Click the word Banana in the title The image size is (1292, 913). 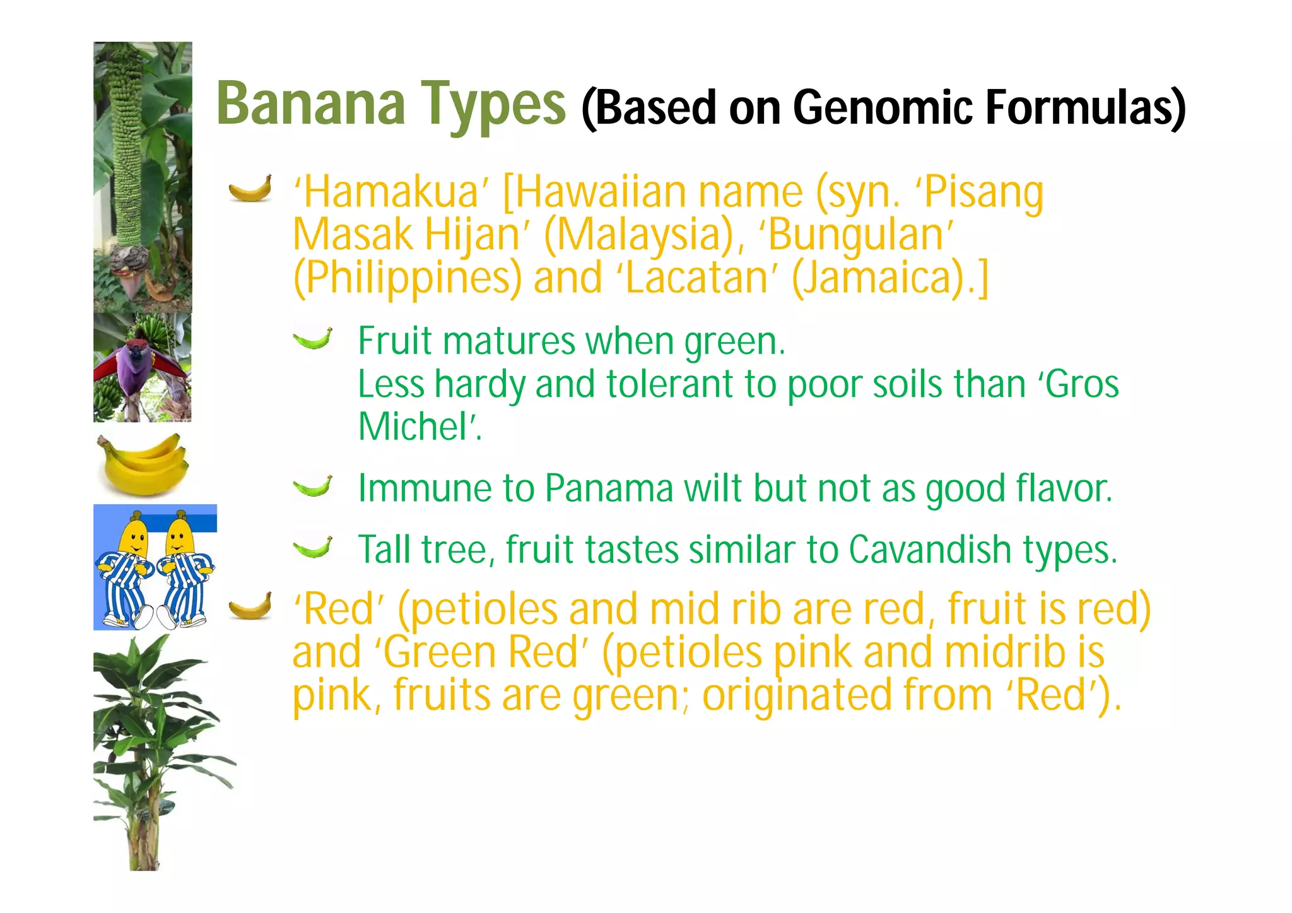tap(311, 103)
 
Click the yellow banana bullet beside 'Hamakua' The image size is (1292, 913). tap(250, 188)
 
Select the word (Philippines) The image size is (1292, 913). tap(408, 278)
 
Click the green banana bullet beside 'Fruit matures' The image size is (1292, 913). tap(313, 339)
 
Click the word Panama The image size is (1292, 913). tap(609, 488)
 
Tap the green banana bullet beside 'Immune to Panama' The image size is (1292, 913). tap(313, 486)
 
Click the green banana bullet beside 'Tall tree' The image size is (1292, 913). tap(313, 548)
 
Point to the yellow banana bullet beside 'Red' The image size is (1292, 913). tap(250, 606)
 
